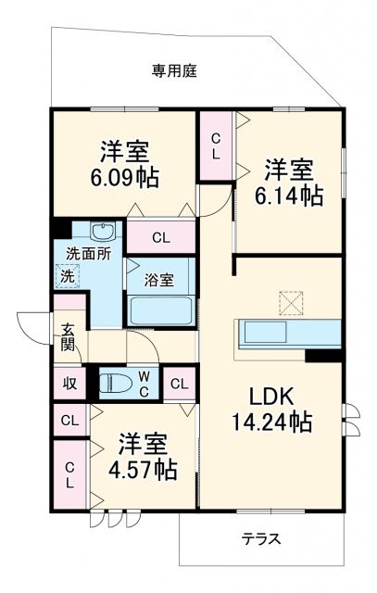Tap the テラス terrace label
(x=261, y=538)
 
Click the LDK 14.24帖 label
(x=270, y=410)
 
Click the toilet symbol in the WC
(x=117, y=382)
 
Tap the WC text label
(x=145, y=382)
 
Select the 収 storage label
(x=69, y=382)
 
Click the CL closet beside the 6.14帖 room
(x=216, y=146)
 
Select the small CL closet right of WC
(x=179, y=383)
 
